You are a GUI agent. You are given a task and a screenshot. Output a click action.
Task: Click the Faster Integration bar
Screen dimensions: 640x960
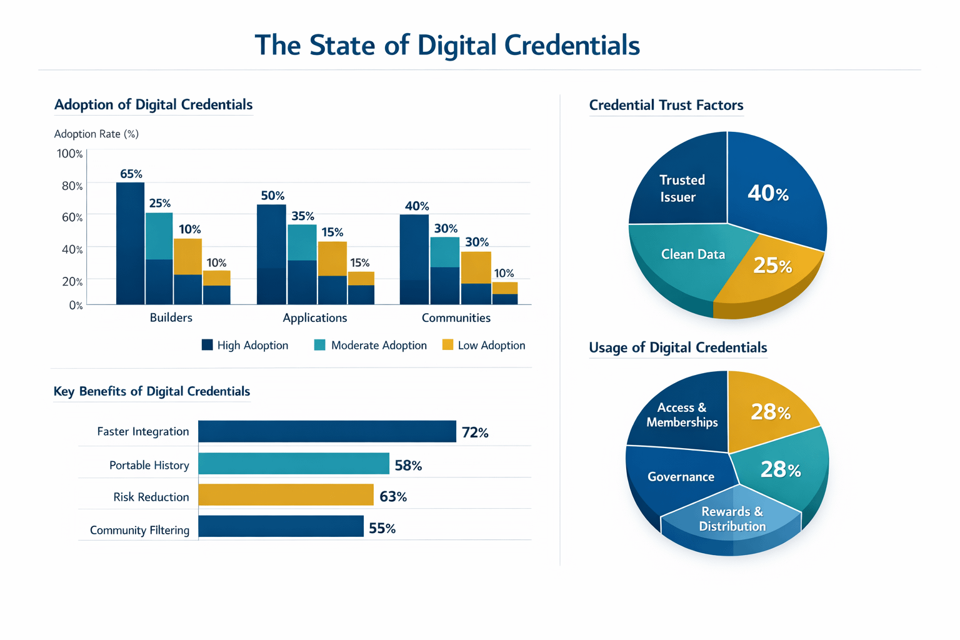point(327,431)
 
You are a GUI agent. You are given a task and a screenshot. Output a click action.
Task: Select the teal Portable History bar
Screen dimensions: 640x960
point(294,464)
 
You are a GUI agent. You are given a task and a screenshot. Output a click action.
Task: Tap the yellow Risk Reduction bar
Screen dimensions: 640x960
point(286,495)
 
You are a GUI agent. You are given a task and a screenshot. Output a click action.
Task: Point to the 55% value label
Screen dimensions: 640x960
point(382,529)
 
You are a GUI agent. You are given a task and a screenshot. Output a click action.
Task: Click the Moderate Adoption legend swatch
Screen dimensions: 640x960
point(320,345)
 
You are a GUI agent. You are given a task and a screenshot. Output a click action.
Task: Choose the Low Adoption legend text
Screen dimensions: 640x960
point(491,346)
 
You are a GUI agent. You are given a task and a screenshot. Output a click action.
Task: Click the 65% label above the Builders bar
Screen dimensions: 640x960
point(131,174)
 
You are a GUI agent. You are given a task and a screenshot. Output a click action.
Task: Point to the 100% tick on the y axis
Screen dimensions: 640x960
point(69,154)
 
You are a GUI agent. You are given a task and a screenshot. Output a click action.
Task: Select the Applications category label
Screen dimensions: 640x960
point(315,318)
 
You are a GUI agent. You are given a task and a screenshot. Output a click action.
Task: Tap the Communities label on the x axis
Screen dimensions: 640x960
point(456,318)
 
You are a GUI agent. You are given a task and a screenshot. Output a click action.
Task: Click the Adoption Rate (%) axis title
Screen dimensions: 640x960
point(96,134)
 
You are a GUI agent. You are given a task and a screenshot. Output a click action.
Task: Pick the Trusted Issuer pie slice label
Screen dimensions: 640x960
point(681,188)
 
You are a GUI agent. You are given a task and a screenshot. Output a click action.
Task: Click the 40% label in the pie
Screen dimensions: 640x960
point(768,194)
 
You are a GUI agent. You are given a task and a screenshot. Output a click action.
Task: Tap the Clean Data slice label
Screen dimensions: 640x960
point(693,254)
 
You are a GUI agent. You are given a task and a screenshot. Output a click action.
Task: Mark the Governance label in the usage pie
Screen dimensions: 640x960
point(681,477)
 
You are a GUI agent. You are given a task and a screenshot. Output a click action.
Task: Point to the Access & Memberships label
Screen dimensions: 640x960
point(682,415)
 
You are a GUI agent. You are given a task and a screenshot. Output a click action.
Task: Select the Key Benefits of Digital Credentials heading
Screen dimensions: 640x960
point(152,392)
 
